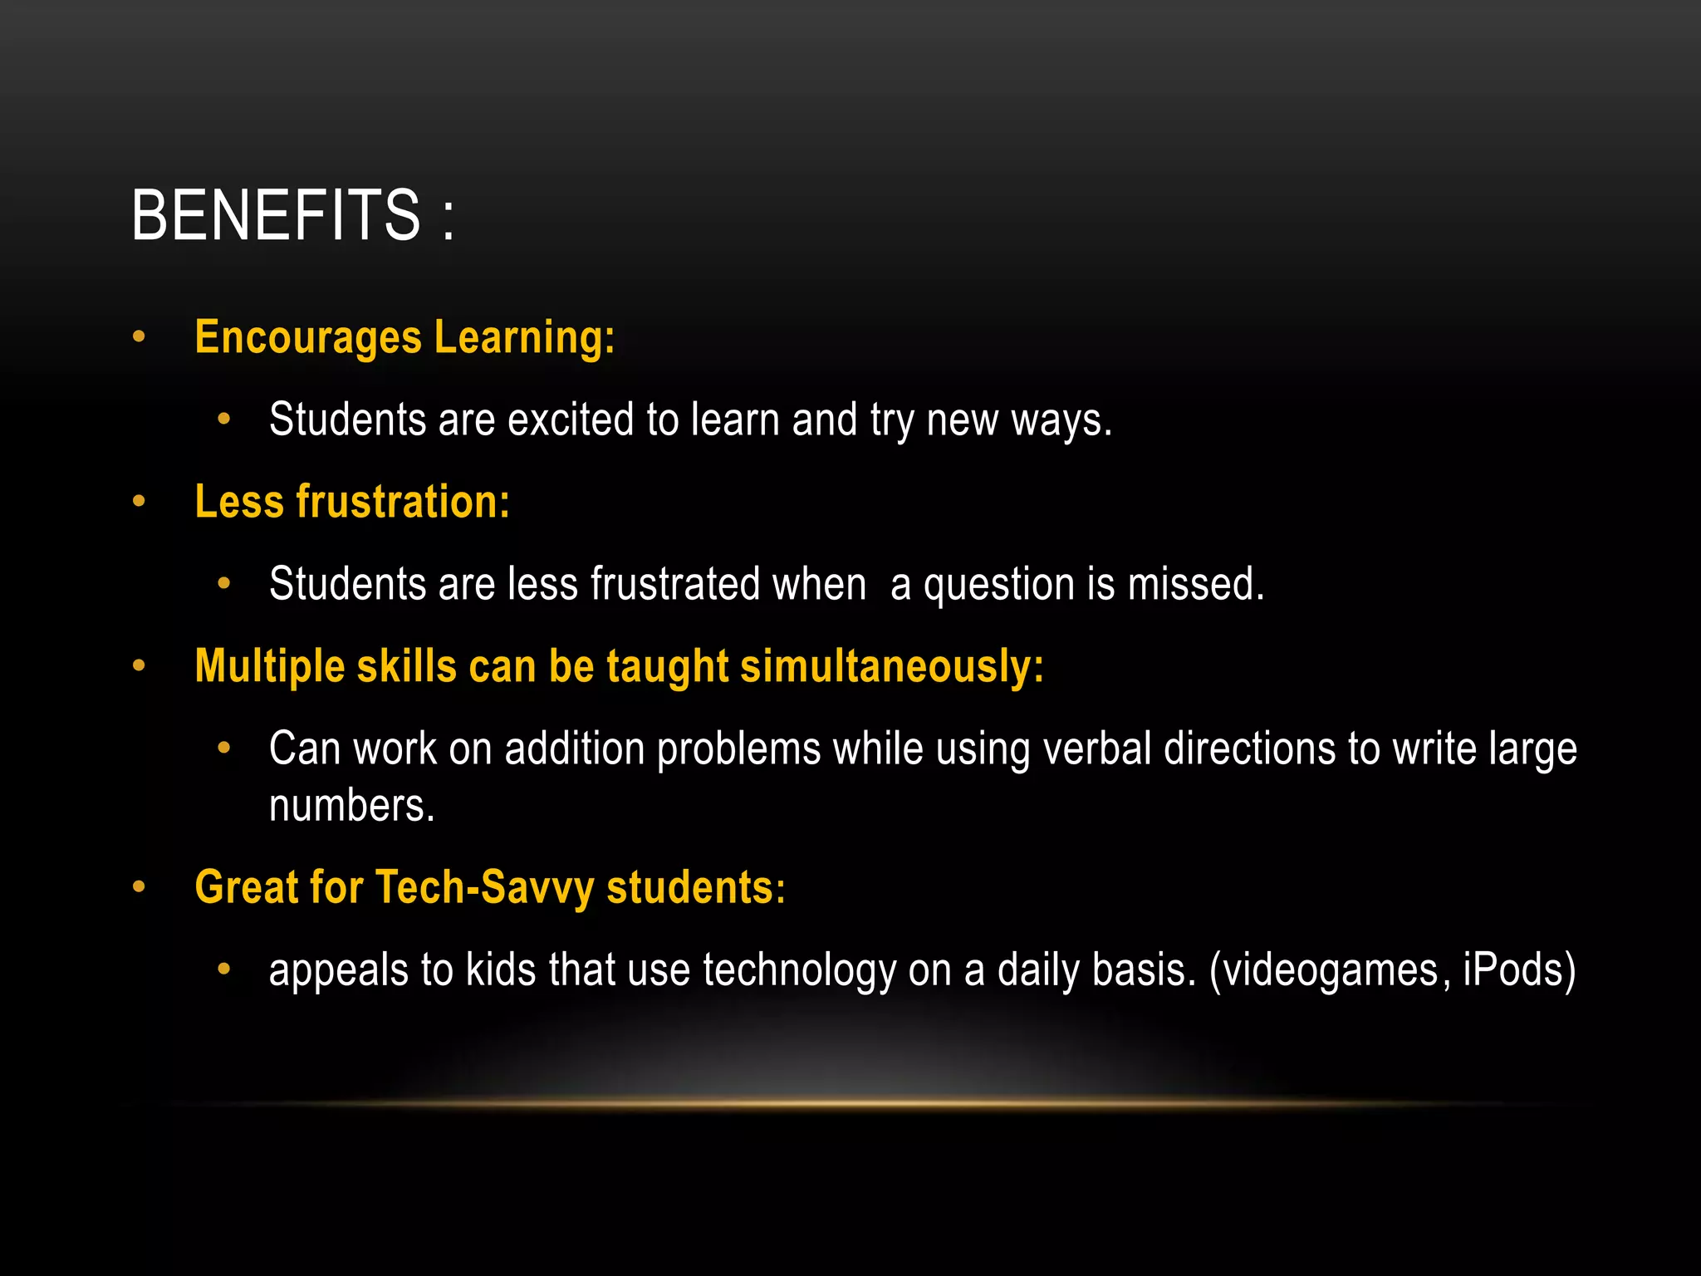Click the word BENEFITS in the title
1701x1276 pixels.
point(276,215)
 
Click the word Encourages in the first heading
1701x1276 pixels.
point(308,338)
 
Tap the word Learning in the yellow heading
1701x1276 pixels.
point(524,338)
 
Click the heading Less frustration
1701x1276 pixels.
point(352,503)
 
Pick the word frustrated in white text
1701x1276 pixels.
point(675,584)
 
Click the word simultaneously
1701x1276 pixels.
point(891,667)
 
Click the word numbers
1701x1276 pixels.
point(351,806)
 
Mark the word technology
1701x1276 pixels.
point(799,970)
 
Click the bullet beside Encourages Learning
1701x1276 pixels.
point(139,337)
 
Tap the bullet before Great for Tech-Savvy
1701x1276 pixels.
point(139,886)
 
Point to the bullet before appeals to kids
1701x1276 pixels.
point(223,969)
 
